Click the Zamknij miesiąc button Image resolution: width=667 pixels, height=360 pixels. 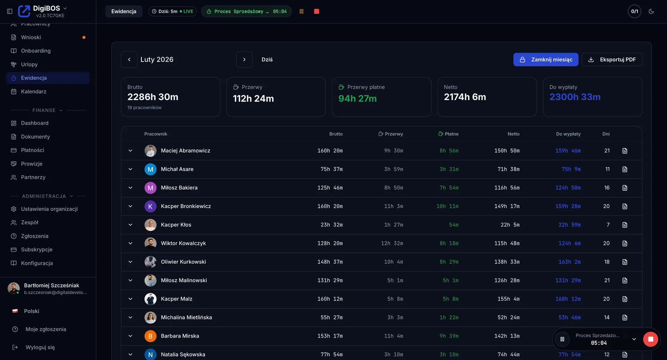[545, 59]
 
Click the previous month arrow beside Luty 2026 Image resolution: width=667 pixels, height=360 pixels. [129, 59]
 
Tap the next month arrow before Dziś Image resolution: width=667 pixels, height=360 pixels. [244, 59]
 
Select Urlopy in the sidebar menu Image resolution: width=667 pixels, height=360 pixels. [29, 64]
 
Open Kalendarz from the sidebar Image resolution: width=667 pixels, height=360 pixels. [33, 91]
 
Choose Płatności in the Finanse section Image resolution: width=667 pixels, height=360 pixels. [32, 150]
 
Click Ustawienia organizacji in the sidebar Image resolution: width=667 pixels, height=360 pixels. [49, 209]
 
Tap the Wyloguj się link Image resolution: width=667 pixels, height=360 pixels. [40, 347]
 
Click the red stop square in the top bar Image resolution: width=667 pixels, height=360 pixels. [316, 11]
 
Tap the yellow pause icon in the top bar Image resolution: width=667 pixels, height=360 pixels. [302, 11]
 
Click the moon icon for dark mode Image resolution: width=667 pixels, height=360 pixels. [651, 11]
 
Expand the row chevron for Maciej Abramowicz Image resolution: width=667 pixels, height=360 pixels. [130, 151]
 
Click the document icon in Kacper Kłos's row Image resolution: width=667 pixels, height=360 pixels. [625, 225]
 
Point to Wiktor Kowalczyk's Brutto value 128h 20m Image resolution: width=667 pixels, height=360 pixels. [330, 243]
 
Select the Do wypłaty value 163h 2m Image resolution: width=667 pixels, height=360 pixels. [569, 262]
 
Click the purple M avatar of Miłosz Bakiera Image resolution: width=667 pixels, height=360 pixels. [150, 188]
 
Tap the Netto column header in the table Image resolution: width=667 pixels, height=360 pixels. [513, 134]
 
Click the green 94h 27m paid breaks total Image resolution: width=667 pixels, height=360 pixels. [357, 99]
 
